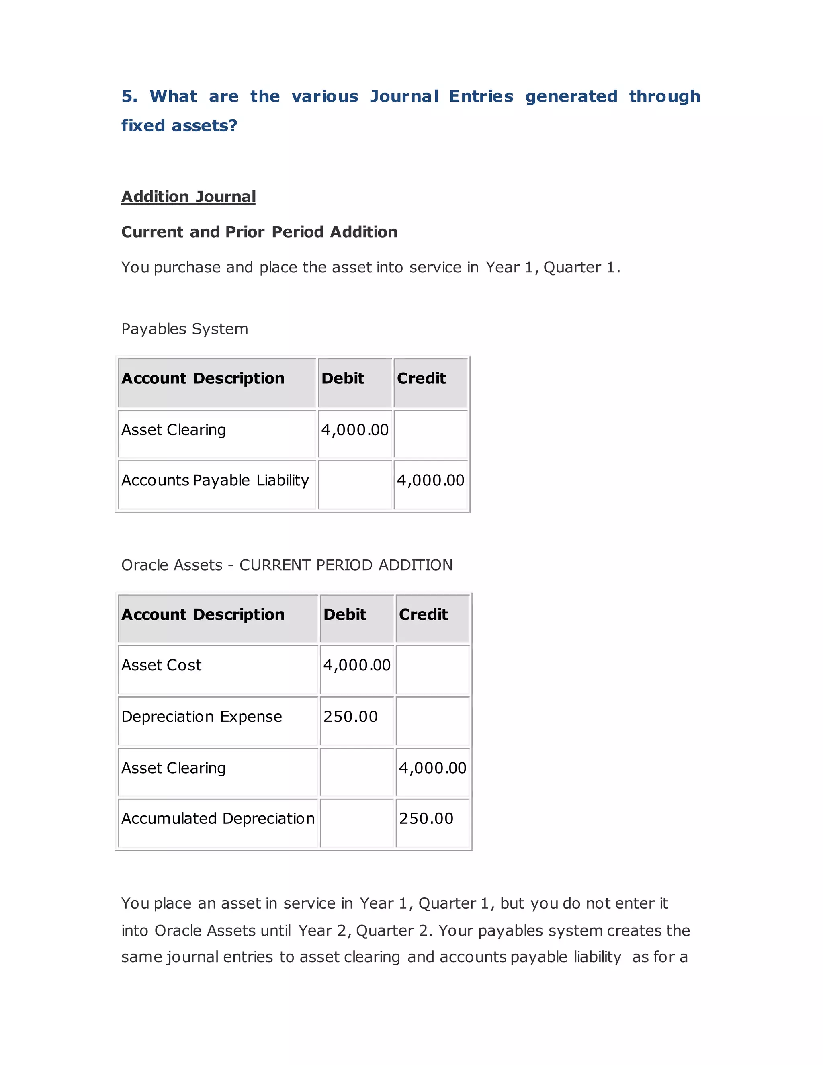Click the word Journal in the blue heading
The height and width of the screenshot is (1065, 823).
point(404,96)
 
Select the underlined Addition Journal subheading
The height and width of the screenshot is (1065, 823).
point(188,197)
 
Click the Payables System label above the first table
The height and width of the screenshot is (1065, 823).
point(185,329)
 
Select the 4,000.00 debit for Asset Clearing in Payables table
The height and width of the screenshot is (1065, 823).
point(354,430)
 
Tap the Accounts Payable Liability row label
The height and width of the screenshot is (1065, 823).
point(215,480)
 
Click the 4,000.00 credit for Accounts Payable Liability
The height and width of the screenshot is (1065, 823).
point(430,480)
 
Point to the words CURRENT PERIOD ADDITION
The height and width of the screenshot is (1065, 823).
point(346,565)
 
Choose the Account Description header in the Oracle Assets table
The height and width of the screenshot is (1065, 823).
point(203,614)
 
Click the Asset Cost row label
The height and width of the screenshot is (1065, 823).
point(162,665)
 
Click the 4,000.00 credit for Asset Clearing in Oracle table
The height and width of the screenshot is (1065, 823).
point(432,768)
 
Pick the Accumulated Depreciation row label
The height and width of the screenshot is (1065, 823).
point(218,818)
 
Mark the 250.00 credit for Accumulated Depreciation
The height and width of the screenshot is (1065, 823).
point(426,818)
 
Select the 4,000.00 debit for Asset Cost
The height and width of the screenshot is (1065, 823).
point(356,665)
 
